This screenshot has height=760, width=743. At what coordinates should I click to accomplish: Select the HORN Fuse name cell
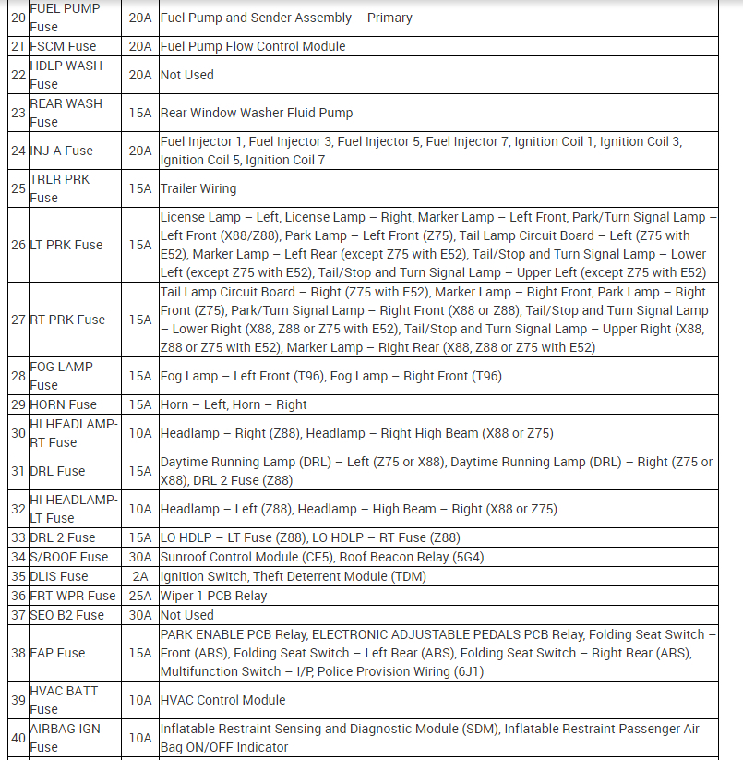(63, 404)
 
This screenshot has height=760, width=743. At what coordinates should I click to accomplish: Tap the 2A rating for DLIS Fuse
(140, 576)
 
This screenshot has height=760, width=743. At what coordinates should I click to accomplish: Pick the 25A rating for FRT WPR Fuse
(140, 596)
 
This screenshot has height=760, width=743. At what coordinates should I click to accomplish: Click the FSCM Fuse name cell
(63, 46)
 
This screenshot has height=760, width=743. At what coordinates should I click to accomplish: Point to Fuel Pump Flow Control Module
(253, 46)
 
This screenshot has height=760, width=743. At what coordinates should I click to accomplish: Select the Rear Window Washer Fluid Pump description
(257, 113)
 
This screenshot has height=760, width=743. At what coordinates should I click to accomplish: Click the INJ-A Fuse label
(61, 151)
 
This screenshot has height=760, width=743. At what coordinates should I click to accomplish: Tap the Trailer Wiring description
(198, 188)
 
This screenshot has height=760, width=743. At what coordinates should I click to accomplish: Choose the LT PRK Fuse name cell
(67, 245)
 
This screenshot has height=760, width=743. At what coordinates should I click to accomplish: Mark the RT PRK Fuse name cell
(67, 320)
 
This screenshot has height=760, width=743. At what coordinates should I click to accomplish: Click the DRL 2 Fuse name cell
(63, 537)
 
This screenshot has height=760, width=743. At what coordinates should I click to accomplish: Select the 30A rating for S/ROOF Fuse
(140, 557)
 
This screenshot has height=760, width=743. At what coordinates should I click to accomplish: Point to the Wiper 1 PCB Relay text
(213, 596)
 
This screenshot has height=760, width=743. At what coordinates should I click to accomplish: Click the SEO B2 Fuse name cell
(66, 615)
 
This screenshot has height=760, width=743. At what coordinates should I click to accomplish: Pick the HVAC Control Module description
(222, 700)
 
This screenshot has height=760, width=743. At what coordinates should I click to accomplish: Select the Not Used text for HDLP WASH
(186, 75)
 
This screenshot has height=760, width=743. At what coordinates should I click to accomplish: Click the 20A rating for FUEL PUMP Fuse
(140, 18)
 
